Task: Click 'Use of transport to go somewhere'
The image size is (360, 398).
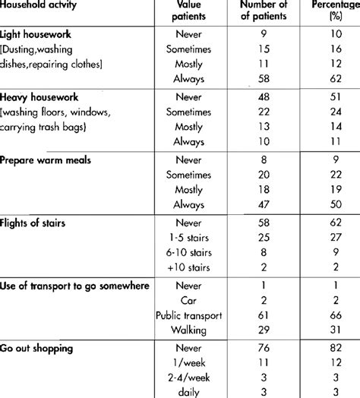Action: click(73, 286)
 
